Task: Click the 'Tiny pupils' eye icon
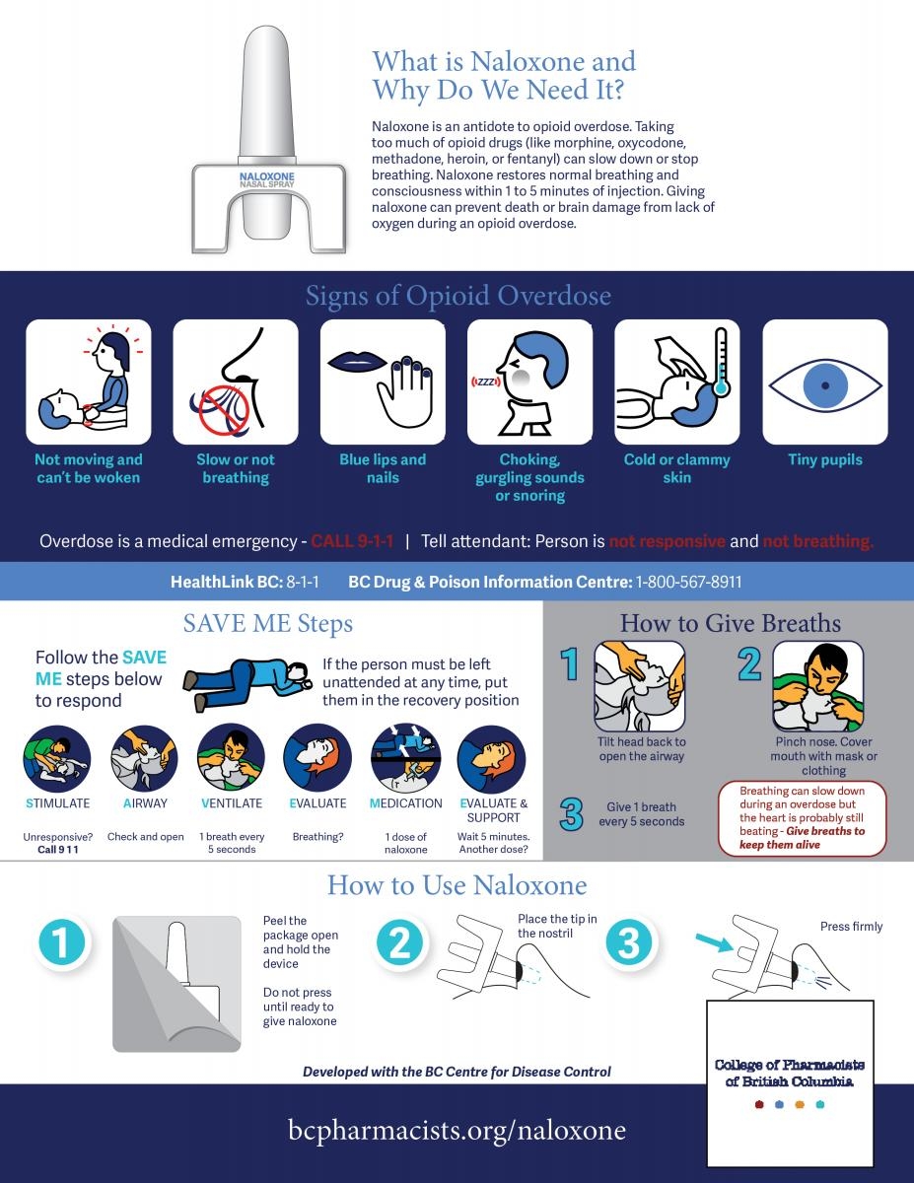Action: click(x=825, y=384)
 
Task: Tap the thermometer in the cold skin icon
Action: click(x=721, y=361)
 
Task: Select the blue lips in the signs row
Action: click(x=356, y=362)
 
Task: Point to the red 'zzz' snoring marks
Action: click(x=485, y=382)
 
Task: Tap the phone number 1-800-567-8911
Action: click(x=688, y=582)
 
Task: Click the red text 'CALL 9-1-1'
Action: click(x=352, y=541)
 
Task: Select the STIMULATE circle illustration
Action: click(x=57, y=758)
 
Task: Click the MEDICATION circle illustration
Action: click(x=405, y=758)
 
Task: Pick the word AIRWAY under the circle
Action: click(x=145, y=803)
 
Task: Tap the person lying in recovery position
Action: click(x=247, y=684)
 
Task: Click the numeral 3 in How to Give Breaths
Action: click(x=572, y=814)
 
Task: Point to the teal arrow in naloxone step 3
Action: click(x=715, y=942)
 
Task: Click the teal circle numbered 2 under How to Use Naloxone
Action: click(x=400, y=942)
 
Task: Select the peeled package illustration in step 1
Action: click(x=176, y=984)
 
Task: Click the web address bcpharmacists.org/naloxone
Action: click(x=457, y=1130)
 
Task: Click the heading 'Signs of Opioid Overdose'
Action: click(x=457, y=296)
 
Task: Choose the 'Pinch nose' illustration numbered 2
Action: click(x=817, y=686)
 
